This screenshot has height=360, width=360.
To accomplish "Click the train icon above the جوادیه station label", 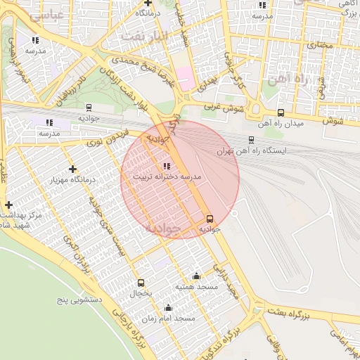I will [x=89, y=108].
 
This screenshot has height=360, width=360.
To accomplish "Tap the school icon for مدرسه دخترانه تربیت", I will [x=166, y=167].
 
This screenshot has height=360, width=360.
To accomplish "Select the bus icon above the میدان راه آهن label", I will [x=281, y=113].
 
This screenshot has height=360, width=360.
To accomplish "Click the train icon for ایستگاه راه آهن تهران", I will [x=252, y=140].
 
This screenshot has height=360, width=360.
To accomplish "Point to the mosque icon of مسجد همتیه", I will [x=196, y=276].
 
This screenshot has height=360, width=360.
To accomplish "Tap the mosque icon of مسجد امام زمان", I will [x=168, y=307].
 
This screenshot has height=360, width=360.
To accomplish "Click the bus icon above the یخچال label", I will [x=141, y=282].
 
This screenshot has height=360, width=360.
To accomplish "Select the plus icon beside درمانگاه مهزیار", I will [x=73, y=169].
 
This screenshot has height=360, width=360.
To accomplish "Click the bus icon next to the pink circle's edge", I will [x=210, y=219].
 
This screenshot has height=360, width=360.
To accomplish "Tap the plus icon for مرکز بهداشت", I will [x=8, y=204].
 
